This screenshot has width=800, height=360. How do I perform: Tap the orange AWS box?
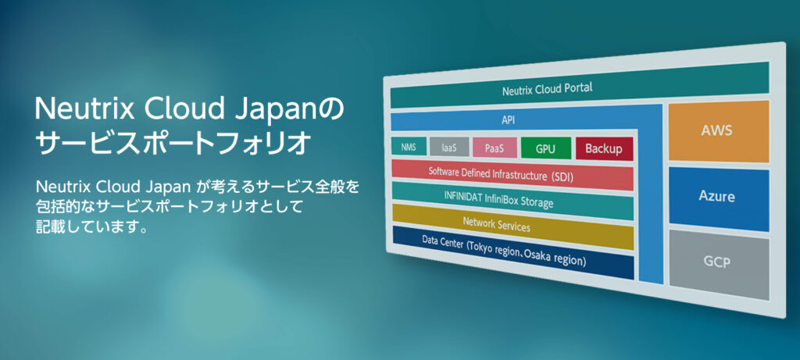(x=717, y=130)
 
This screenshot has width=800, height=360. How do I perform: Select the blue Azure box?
(x=717, y=196)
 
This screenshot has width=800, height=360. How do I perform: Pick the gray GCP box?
(x=716, y=262)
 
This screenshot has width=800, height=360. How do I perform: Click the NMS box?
(x=408, y=146)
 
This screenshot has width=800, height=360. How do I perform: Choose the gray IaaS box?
(x=448, y=146)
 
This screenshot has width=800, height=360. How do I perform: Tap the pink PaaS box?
(x=494, y=148)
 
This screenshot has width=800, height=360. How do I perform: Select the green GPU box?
(x=545, y=148)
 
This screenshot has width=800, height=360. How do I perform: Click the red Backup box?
(x=603, y=148)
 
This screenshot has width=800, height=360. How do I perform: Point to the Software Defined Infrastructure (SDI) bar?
(x=512, y=174)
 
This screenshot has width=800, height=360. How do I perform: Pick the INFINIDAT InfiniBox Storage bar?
(x=512, y=200)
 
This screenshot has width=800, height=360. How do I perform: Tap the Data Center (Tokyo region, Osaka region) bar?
(x=512, y=251)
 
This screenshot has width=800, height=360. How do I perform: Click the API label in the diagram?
(x=509, y=121)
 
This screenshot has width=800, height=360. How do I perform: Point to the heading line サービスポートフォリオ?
(x=173, y=144)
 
